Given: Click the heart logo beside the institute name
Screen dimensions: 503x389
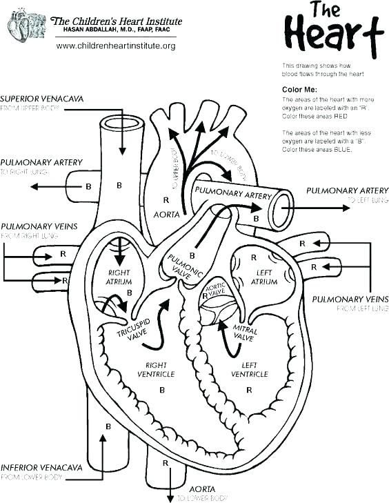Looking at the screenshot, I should coord(23,26).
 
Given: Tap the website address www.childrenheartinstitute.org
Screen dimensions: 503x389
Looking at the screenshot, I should coord(115,46).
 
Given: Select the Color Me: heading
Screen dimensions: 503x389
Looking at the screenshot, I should coord(299,90).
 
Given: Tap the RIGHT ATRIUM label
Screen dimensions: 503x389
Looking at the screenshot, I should coord(119,277).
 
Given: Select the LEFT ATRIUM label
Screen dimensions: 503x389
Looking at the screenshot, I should coord(263,277).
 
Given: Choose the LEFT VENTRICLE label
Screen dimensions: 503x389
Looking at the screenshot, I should coord(249,369).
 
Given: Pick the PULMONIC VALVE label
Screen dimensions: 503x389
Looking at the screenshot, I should coord(186,266).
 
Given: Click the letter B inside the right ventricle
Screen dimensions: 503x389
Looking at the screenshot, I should coord(162,390).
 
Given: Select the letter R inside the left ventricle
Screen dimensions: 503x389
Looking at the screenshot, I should coord(249,390).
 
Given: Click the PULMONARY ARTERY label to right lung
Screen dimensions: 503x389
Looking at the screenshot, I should coord(41,162).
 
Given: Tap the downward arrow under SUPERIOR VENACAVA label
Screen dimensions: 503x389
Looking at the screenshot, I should coord(121,141).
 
